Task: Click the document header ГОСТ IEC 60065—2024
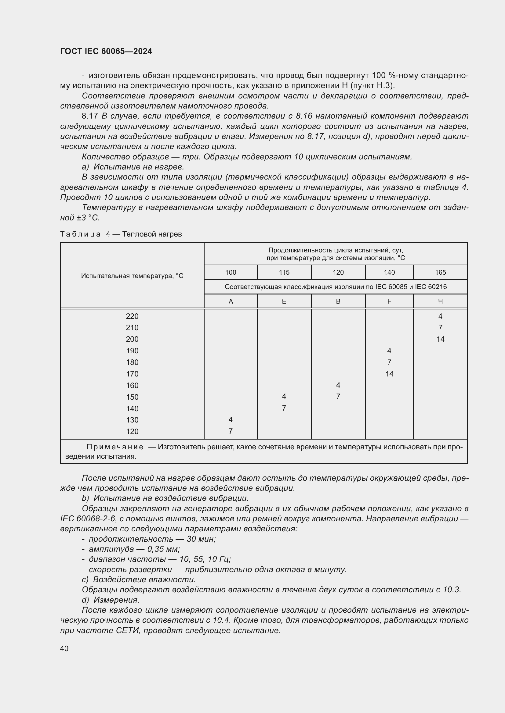click(106, 51)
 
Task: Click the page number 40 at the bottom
click(64, 648)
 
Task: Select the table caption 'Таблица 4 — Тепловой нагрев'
click(121, 234)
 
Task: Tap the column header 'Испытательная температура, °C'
click(132, 276)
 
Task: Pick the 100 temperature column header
click(231, 272)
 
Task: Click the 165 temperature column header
click(440, 272)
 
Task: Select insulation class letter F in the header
click(389, 301)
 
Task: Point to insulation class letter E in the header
click(284, 301)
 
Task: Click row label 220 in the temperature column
click(132, 316)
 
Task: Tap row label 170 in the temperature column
click(132, 374)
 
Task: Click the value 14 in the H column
click(440, 339)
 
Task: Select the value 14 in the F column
click(389, 374)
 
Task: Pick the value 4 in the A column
click(231, 419)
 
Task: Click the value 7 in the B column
click(338, 397)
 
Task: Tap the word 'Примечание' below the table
click(115, 447)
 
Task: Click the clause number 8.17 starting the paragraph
click(89, 116)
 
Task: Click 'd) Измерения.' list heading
click(111, 600)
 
